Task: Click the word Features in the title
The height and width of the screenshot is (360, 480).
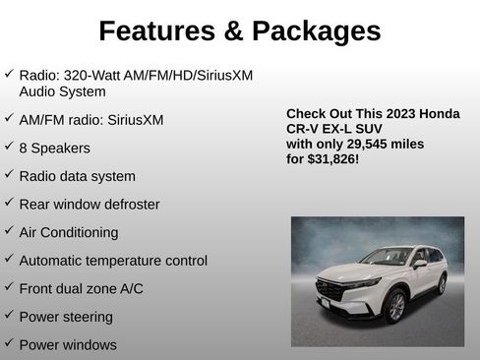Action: [x=156, y=30]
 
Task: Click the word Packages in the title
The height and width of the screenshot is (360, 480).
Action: [x=317, y=30]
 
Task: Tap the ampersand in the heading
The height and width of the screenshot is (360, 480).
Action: [x=233, y=30]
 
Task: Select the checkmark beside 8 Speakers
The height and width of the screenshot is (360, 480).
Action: [x=9, y=148]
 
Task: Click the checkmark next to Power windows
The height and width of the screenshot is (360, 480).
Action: [x=9, y=344]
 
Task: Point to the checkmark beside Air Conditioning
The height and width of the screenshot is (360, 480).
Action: [x=9, y=232]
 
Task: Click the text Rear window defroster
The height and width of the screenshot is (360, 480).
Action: [x=89, y=205]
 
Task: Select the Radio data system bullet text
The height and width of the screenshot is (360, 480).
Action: [x=77, y=176]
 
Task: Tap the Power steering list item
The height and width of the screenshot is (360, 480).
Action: [x=66, y=317]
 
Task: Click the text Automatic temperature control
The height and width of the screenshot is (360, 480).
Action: [x=113, y=261]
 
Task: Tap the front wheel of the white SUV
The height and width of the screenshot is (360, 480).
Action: [x=395, y=306]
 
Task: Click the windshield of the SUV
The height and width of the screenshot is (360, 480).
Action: [x=385, y=258]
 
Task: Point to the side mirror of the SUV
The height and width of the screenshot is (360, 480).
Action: [x=420, y=264]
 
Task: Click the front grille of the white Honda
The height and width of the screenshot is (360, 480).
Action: [x=331, y=292]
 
